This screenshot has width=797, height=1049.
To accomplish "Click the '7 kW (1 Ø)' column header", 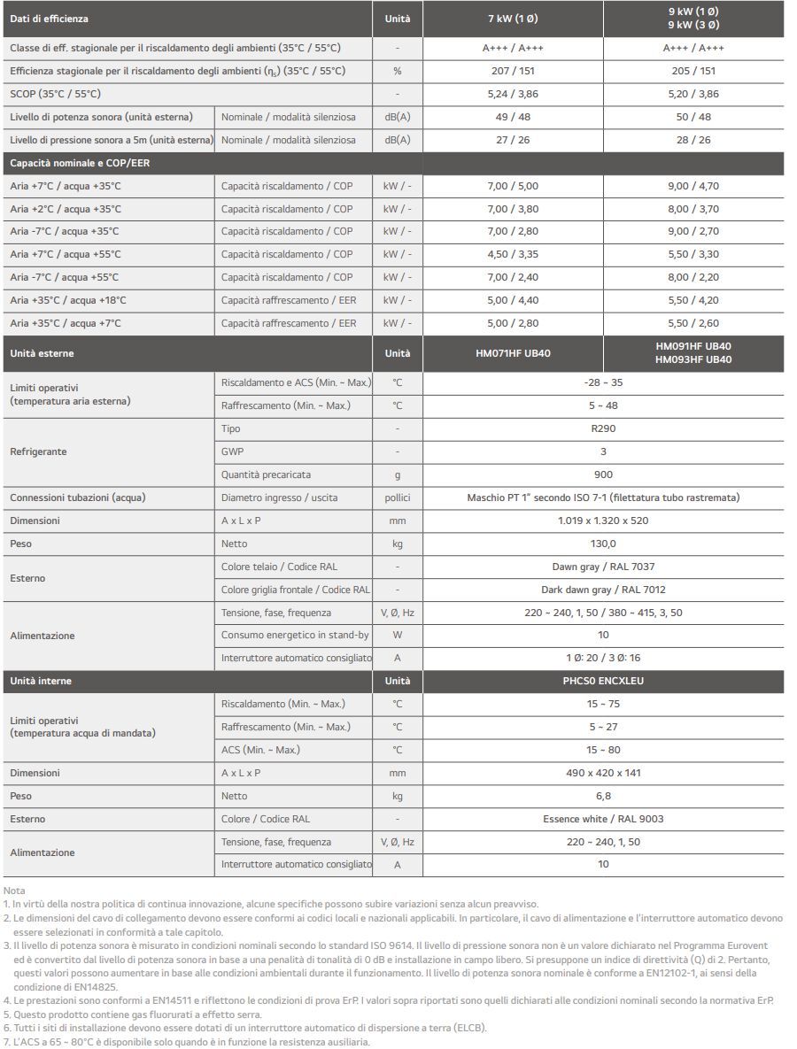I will [514, 19].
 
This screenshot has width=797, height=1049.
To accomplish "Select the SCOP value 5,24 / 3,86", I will [514, 94].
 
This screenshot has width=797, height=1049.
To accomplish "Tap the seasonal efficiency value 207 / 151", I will [514, 71].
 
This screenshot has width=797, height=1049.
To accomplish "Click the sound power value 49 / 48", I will [514, 117].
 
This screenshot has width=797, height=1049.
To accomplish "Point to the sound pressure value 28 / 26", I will [693, 140].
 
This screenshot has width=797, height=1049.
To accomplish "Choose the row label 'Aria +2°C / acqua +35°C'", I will [66, 209].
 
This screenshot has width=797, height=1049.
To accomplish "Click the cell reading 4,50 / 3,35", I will [514, 254].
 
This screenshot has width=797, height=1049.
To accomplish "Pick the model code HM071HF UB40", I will [514, 353].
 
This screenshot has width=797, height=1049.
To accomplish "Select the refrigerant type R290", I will [603, 428].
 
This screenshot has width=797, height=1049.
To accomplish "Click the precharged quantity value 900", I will [603, 474].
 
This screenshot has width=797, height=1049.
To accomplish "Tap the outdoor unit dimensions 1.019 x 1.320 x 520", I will [603, 521].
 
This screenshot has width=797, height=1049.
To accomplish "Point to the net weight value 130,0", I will [603, 544].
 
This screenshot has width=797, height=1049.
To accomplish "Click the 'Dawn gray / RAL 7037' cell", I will [603, 567].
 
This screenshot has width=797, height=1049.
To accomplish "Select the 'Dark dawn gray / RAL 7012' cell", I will [603, 590].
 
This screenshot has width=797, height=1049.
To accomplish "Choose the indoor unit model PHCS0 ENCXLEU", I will [603, 681].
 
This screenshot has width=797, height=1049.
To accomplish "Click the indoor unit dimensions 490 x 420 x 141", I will [603, 773].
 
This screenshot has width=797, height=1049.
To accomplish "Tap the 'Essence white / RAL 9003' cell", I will [603, 819].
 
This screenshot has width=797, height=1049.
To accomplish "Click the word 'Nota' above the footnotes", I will [14, 890].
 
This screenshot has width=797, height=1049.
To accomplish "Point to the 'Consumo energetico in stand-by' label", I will [295, 635].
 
